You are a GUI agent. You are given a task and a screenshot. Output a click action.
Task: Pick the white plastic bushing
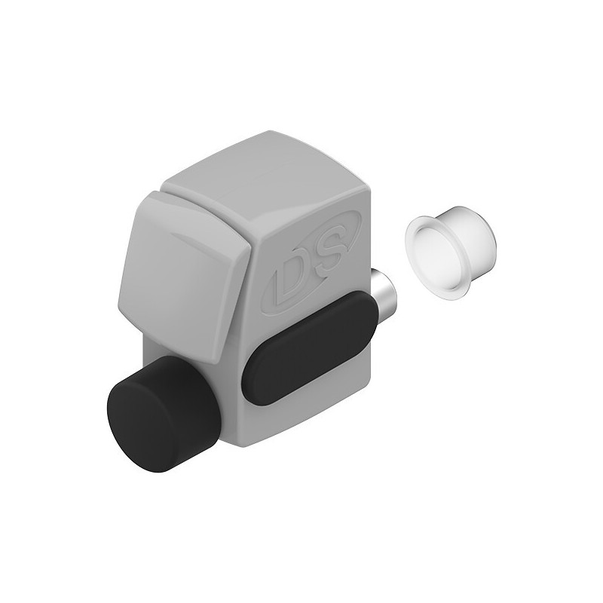tap(450, 251)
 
